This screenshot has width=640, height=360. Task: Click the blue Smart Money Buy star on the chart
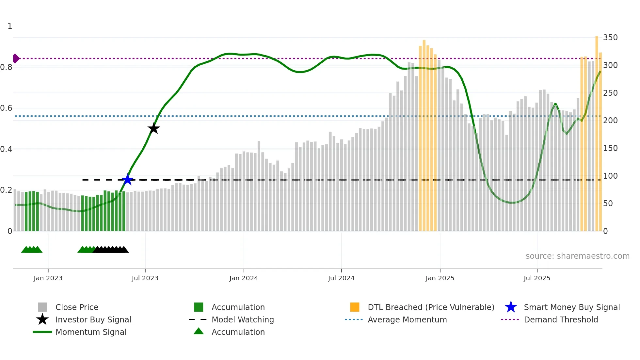(127, 179)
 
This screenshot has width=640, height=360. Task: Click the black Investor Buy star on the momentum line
(153, 128)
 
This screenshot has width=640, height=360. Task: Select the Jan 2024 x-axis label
(244, 278)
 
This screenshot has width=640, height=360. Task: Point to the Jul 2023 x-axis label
(145, 278)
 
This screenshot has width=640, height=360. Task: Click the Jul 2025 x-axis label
(537, 278)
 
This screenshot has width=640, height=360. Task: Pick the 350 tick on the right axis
(610, 38)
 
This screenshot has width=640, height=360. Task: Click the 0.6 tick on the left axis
(7, 108)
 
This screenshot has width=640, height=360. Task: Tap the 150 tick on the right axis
(610, 148)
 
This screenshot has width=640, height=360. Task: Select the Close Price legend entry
(77, 307)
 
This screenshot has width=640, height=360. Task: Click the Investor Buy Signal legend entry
(93, 319)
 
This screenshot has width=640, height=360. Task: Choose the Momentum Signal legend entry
(91, 332)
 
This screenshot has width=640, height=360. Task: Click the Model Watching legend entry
(243, 319)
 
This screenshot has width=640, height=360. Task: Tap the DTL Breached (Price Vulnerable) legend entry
(431, 307)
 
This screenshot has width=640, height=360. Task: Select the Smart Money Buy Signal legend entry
(571, 307)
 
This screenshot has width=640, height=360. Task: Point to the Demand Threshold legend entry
(561, 319)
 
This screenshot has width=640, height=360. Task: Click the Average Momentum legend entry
(407, 319)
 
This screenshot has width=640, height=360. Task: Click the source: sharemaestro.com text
(577, 256)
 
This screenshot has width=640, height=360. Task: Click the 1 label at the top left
(10, 26)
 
